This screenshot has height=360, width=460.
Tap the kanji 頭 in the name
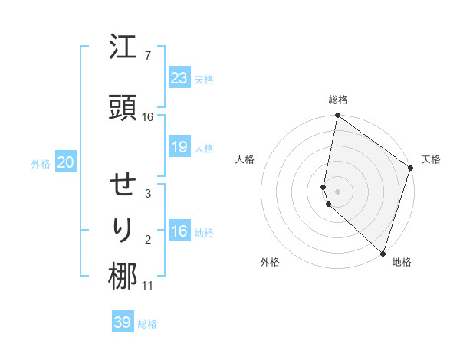(x=123, y=108)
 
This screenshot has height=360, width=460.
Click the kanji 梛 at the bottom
(x=123, y=277)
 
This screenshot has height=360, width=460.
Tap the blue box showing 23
(x=179, y=77)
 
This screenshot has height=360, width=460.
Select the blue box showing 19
(x=179, y=147)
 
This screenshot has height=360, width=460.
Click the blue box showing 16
(x=179, y=231)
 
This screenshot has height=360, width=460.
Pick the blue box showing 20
(x=66, y=162)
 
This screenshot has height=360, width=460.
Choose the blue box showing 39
(x=122, y=322)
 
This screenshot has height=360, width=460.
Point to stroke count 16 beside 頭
(x=148, y=117)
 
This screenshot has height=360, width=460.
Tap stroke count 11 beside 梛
(x=148, y=286)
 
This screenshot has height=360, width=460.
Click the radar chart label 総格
(x=338, y=100)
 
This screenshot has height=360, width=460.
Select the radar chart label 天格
(x=431, y=159)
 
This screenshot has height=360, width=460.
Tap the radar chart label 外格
(x=270, y=262)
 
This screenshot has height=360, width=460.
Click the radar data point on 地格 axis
(x=383, y=253)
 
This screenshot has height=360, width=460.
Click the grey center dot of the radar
(x=338, y=191)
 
